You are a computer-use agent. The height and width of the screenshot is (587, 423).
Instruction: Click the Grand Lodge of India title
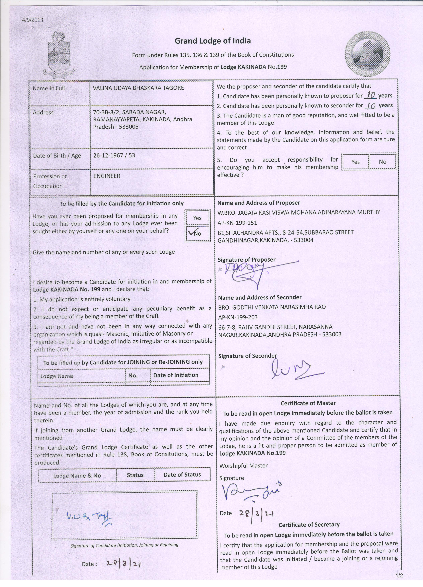(213, 41)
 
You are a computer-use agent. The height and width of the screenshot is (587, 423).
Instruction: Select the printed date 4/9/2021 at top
(33, 20)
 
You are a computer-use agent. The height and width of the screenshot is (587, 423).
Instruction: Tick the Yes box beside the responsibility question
(355, 162)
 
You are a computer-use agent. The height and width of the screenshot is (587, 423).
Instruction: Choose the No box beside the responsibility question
(382, 162)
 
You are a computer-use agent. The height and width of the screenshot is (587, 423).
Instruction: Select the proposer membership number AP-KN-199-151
(237, 223)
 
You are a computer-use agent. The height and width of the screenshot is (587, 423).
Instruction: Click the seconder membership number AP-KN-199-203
(238, 317)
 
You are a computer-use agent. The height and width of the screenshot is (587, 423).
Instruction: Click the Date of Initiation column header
(176, 375)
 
